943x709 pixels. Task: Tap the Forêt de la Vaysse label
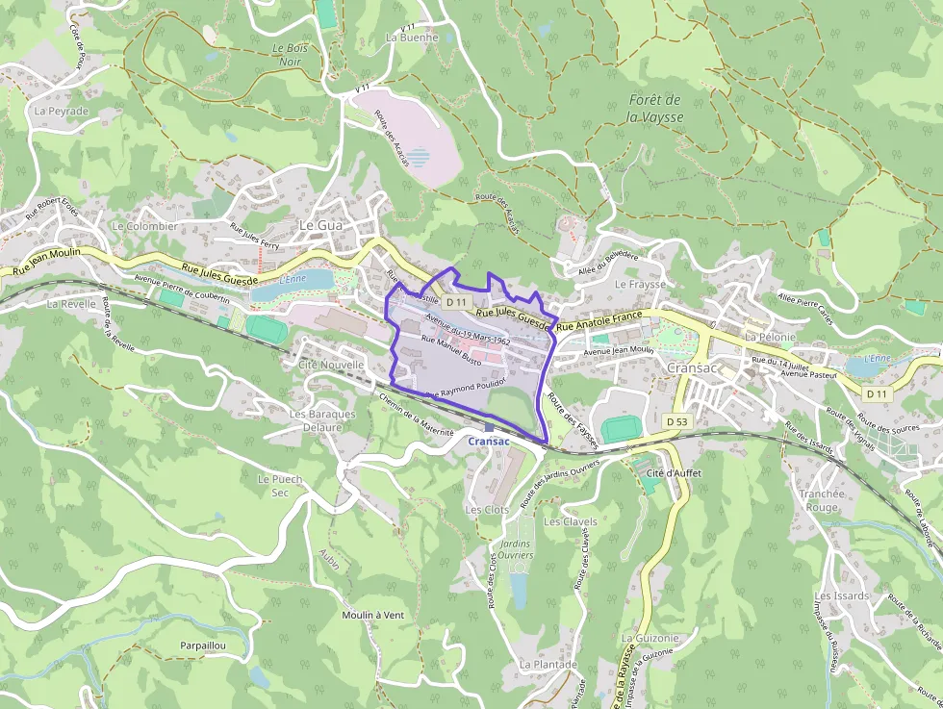coord(654,108)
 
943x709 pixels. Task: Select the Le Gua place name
coord(321,224)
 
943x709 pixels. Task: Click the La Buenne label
coord(411,38)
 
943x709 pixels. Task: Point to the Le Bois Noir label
coord(289,55)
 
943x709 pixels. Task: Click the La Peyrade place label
coord(61,111)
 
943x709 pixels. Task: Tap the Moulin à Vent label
coord(372,615)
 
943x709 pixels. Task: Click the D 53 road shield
coord(677,421)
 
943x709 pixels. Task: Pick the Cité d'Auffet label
coord(674,474)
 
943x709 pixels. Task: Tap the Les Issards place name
coord(842,595)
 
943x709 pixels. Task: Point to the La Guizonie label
coord(650,638)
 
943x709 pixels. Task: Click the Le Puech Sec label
coord(280,485)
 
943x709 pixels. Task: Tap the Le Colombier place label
coord(144,226)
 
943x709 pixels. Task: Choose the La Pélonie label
coord(770,338)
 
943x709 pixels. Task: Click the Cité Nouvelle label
coord(331,365)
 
